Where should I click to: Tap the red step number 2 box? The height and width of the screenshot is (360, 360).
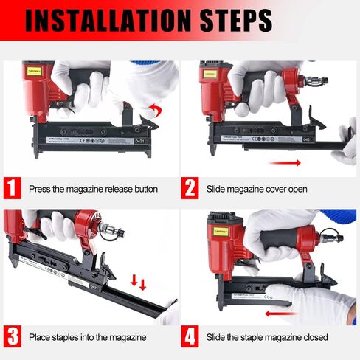coord(190,189)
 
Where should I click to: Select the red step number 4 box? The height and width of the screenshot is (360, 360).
coord(190,336)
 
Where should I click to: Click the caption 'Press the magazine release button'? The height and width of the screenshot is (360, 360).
coord(93,189)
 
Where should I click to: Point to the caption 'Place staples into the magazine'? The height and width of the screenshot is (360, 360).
coord(87,337)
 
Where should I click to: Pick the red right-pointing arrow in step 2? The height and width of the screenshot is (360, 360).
coord(283,162)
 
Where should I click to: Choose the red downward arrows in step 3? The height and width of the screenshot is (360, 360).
coord(137,283)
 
